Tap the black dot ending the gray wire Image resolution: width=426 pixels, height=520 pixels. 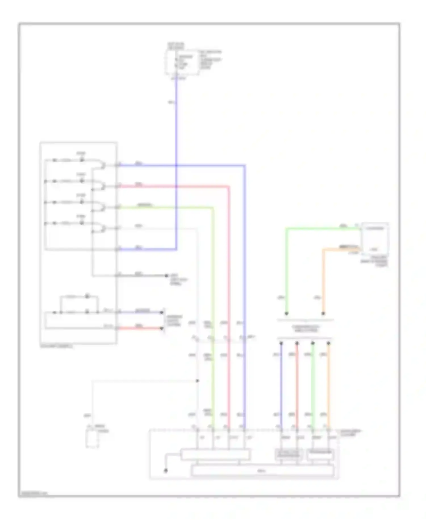[x=167, y=275]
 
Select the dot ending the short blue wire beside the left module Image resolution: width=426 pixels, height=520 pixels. [x=162, y=312]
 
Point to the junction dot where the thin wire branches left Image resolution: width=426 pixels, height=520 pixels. [x=197, y=381]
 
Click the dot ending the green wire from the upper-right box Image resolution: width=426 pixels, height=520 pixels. [x=286, y=313]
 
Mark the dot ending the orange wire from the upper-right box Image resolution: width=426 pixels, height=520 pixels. [x=323, y=313]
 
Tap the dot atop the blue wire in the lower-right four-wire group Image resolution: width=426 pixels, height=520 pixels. [x=281, y=344]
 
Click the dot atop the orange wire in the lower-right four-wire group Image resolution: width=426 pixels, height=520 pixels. [x=329, y=344]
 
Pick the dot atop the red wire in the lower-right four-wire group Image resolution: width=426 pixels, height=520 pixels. [x=297, y=344]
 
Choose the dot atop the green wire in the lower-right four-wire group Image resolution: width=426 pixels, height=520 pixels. [x=313, y=344]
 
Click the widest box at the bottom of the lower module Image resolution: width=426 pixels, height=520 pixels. [x=263, y=471]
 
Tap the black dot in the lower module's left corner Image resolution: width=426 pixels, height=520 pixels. [x=166, y=471]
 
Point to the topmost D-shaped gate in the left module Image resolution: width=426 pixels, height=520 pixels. [x=101, y=165]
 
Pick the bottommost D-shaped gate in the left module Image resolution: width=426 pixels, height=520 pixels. [x=101, y=228]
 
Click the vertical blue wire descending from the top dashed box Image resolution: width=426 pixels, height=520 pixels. [x=176, y=128]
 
